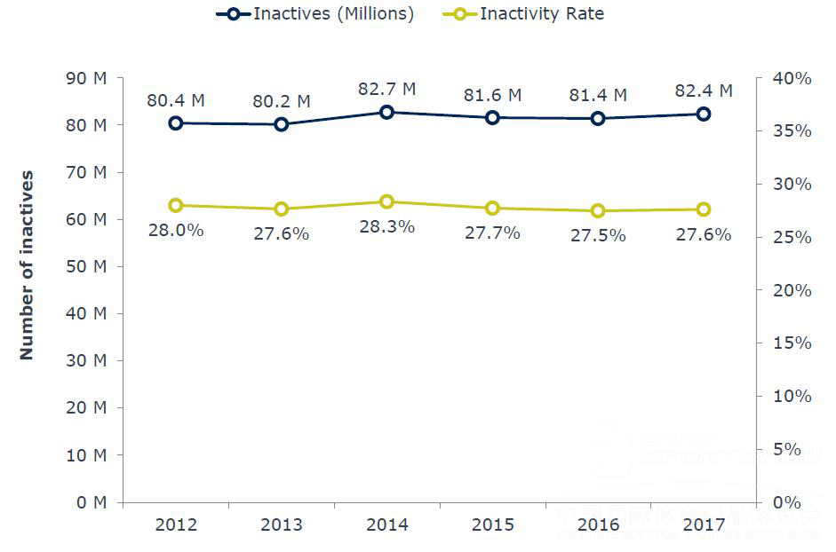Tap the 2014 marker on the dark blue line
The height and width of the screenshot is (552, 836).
point(386,113)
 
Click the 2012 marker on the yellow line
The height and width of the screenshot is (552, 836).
point(175,205)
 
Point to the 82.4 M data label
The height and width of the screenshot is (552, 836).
point(704,91)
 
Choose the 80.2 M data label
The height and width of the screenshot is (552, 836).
point(281,101)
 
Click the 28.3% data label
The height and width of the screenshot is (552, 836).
point(386,226)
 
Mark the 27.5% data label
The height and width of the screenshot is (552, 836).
point(598,235)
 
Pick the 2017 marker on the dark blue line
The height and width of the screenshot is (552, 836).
point(704,114)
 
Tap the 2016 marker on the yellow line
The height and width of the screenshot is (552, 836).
point(598,211)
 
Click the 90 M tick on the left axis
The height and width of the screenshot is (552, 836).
point(86,78)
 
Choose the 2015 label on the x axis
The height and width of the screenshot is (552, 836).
point(492,524)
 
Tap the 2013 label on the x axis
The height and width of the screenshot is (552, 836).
point(281,524)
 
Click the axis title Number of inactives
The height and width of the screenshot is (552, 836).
point(27,265)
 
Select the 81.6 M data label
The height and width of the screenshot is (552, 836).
point(492,95)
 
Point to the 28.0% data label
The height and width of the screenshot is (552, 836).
point(175,230)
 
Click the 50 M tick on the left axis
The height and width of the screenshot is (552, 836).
point(86,266)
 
